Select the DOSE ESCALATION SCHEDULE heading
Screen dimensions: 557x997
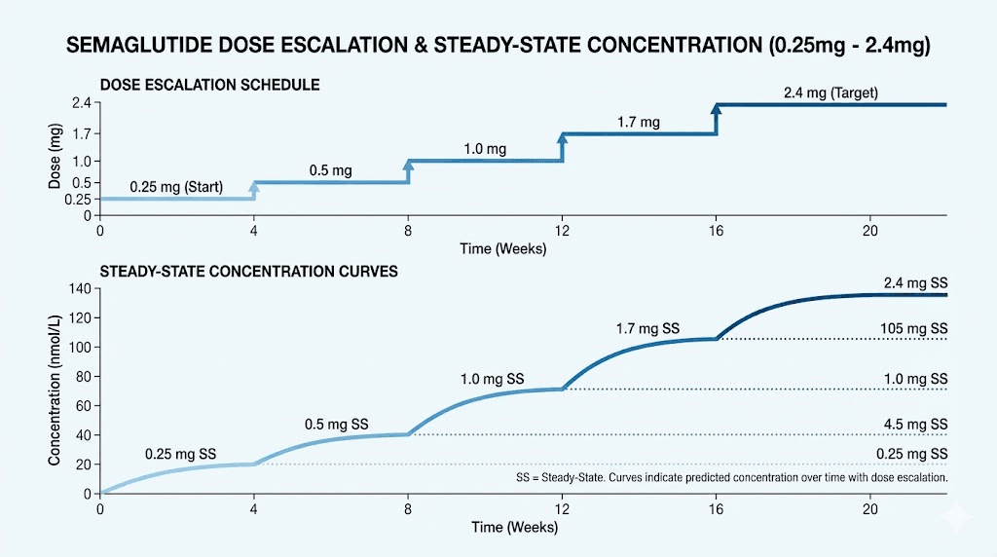click(x=210, y=86)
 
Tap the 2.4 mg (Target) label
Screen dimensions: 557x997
click(x=831, y=93)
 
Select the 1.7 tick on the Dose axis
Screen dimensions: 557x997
click(x=80, y=133)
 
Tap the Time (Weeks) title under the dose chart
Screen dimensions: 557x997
click(x=502, y=248)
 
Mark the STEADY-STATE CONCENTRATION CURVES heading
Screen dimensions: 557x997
click(x=248, y=272)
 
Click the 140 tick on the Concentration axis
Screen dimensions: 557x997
click(x=78, y=289)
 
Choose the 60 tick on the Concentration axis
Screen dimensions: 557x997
click(x=82, y=406)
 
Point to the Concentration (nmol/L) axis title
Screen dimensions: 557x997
click(x=55, y=390)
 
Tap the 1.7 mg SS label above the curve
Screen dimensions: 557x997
click(x=647, y=329)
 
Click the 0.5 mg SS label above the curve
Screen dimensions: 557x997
click(x=336, y=426)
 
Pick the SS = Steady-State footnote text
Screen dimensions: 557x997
click(x=730, y=479)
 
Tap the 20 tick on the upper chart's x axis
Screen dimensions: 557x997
click(x=869, y=231)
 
